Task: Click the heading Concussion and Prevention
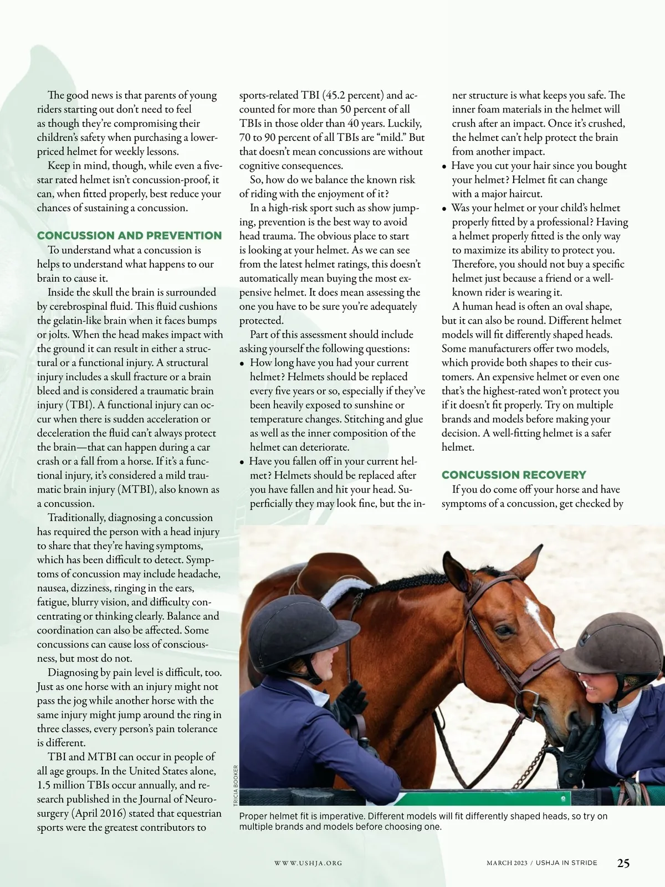(129, 236)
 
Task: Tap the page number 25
(623, 863)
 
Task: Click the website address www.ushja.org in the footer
(308, 863)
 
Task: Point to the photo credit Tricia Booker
(236, 786)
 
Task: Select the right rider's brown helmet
(612, 643)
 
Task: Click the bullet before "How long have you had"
(242, 364)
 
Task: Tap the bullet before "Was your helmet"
(444, 209)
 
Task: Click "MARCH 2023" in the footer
(507, 863)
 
